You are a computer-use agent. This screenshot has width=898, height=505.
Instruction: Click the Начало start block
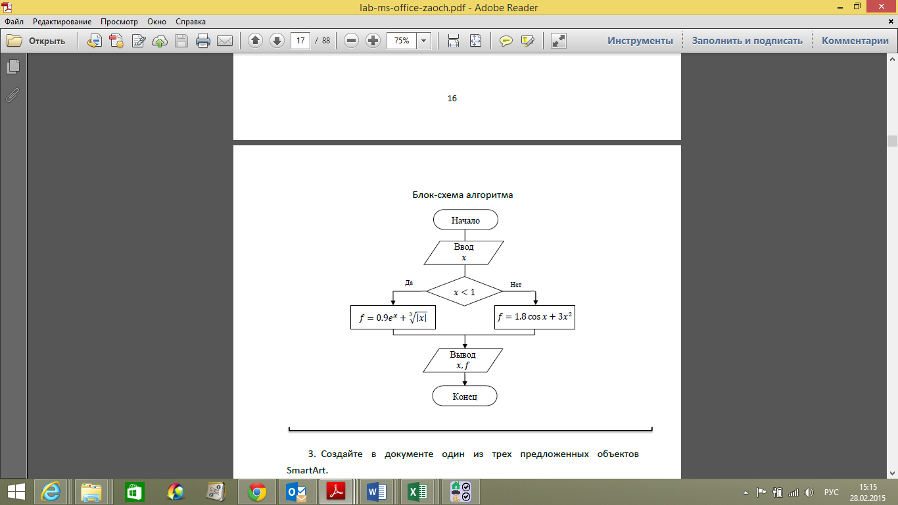[465, 220]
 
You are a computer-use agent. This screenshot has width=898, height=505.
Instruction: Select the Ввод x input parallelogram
[463, 252]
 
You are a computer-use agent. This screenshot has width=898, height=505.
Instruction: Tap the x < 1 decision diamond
[464, 291]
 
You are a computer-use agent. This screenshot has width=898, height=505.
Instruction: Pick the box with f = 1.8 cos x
[534, 317]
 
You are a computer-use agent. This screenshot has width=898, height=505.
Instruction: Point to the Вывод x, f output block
[463, 360]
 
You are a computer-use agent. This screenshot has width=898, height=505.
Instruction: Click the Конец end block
[465, 396]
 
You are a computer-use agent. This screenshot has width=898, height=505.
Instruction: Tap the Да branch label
[409, 283]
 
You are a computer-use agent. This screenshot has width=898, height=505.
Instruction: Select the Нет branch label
[515, 285]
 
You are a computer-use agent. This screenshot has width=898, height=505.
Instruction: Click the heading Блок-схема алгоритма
[462, 195]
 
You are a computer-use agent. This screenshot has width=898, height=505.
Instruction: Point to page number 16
[452, 99]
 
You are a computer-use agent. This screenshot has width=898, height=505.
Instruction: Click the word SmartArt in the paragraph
[307, 470]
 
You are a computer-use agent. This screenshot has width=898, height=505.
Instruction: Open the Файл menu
[14, 22]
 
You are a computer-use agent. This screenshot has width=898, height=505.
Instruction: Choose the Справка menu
[191, 22]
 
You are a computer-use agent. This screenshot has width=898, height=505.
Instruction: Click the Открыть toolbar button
[37, 41]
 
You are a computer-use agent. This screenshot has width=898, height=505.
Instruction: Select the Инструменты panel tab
[640, 41]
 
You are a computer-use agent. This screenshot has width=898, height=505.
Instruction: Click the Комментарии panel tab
[855, 41]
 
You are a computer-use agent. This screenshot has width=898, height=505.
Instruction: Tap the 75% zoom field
[402, 41]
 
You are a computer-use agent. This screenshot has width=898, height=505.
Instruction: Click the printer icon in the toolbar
[203, 41]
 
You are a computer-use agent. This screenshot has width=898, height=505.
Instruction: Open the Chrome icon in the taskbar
[256, 491]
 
